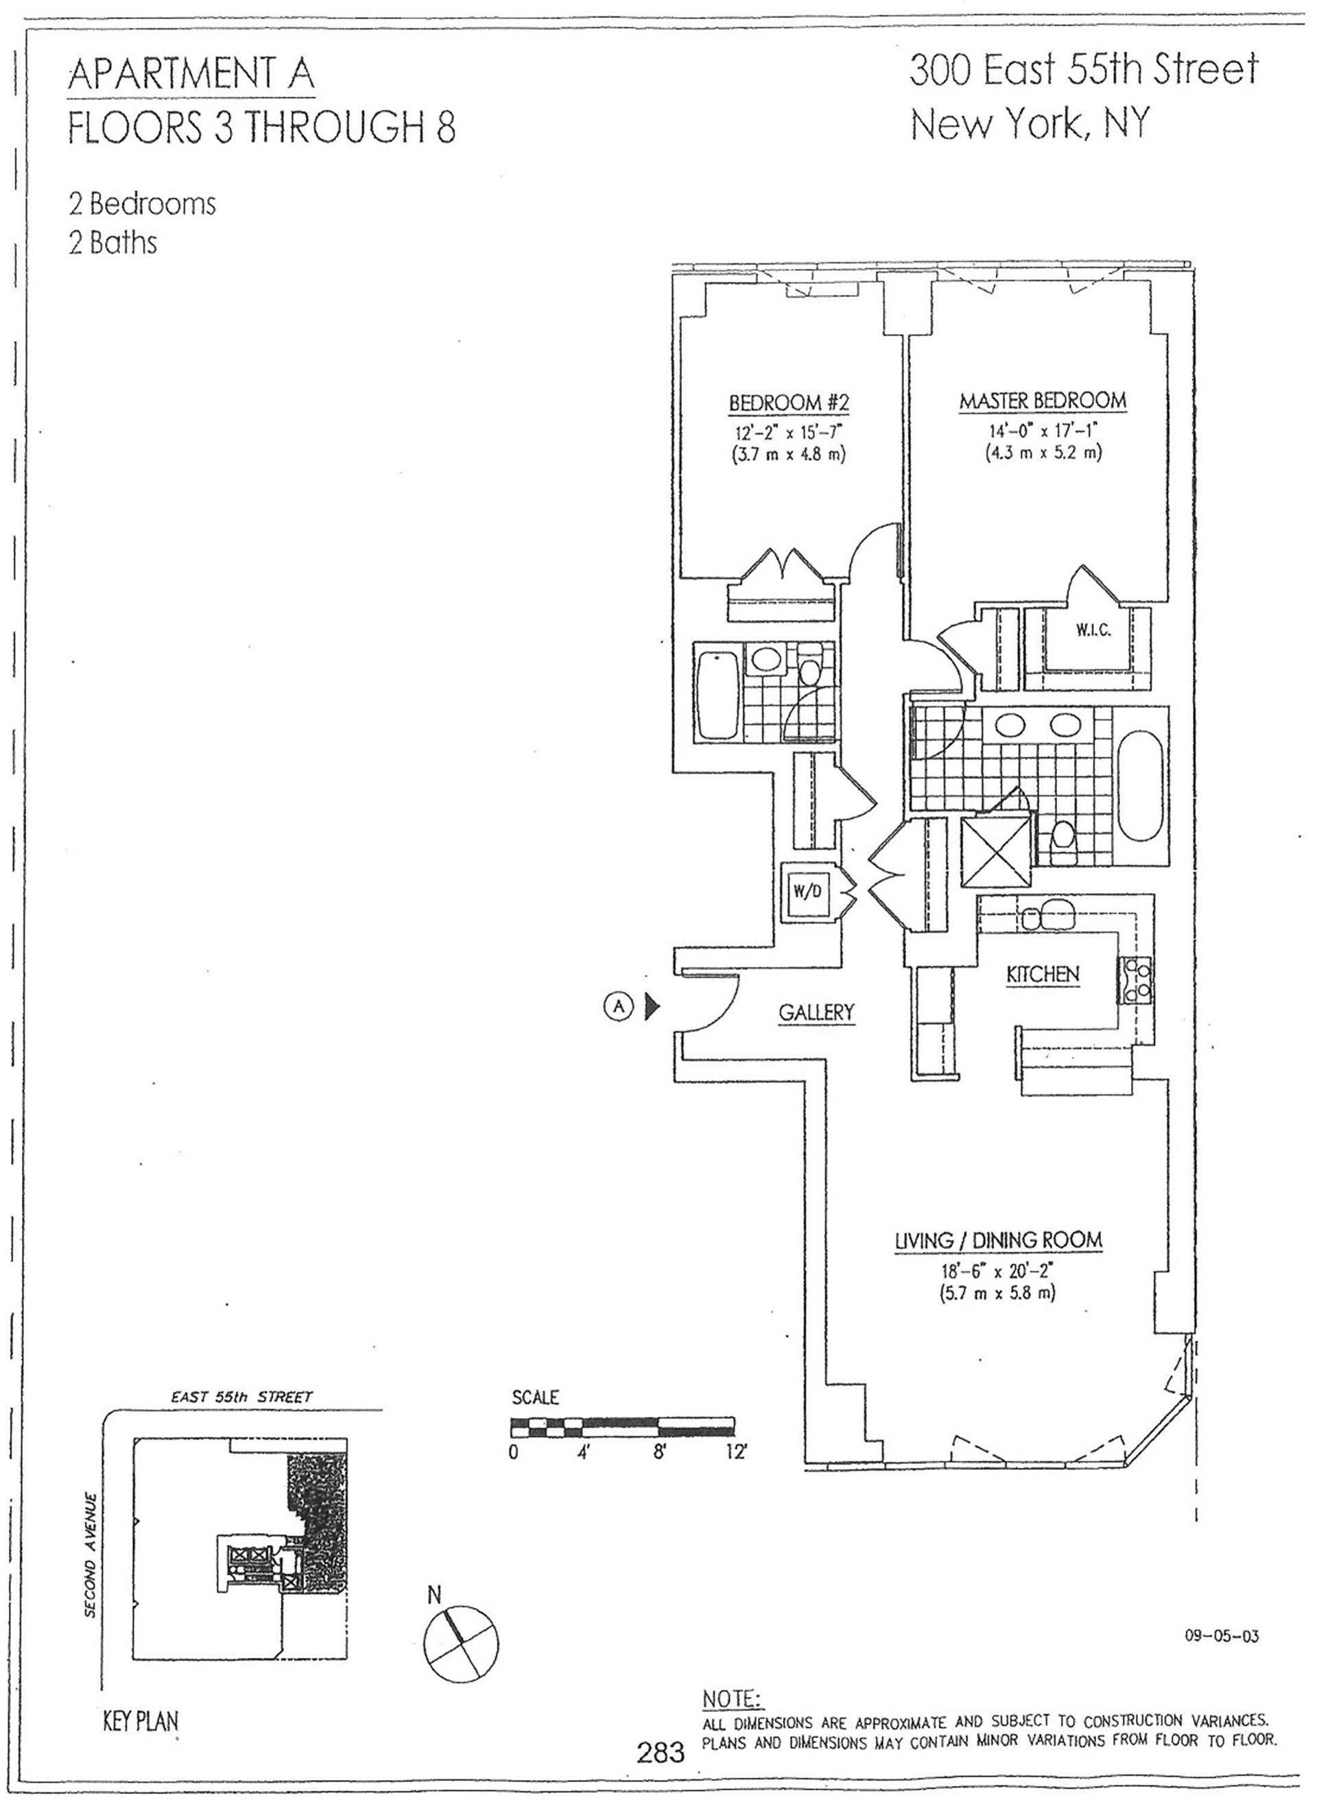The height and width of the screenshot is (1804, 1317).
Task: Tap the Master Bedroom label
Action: [x=1043, y=400]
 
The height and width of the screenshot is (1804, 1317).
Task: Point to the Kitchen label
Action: [x=1043, y=974]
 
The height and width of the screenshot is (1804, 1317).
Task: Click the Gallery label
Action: [x=816, y=1012]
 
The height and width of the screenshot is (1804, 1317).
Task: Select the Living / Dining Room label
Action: [x=997, y=1240]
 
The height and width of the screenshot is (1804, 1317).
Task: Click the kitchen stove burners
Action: [x=1137, y=980]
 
